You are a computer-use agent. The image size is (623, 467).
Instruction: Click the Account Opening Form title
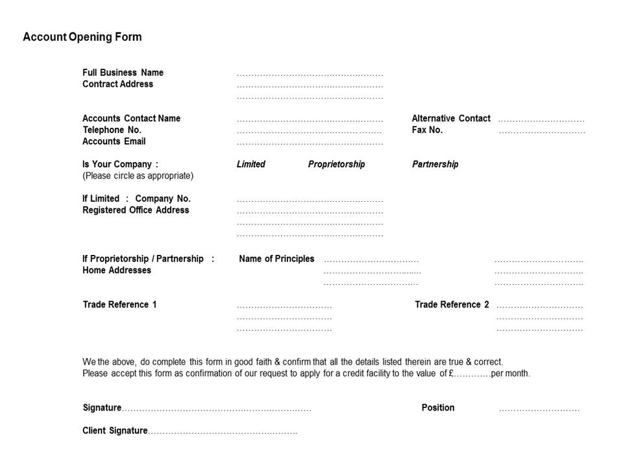(x=82, y=37)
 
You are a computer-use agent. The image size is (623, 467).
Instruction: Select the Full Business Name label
(x=123, y=73)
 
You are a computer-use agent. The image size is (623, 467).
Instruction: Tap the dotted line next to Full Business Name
(x=310, y=75)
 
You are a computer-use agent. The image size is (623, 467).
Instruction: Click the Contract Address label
(x=117, y=84)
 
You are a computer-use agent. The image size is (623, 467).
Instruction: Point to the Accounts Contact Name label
(x=131, y=119)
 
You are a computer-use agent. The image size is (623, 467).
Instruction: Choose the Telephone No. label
(x=112, y=130)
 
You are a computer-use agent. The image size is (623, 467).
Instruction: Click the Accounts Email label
(x=114, y=141)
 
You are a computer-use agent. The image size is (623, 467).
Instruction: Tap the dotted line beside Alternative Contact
(x=541, y=121)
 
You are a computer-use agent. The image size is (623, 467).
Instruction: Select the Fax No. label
(x=427, y=130)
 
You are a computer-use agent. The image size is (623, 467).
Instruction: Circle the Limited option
(x=250, y=164)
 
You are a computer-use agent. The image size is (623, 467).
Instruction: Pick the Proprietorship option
(x=336, y=164)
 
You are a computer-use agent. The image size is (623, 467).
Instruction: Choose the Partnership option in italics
(x=435, y=164)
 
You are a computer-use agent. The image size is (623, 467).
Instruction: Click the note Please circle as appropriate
(x=138, y=176)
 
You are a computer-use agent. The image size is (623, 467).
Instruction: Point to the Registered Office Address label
(x=136, y=210)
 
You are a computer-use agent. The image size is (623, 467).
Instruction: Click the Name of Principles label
(x=276, y=259)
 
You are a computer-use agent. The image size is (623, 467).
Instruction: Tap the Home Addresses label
(x=116, y=270)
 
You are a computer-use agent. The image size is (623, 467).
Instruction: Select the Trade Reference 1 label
(x=119, y=305)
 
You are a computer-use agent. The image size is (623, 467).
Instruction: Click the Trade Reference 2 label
(x=452, y=305)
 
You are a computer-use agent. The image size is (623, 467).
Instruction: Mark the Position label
(x=438, y=408)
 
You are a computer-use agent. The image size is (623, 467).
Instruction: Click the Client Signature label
(x=115, y=431)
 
